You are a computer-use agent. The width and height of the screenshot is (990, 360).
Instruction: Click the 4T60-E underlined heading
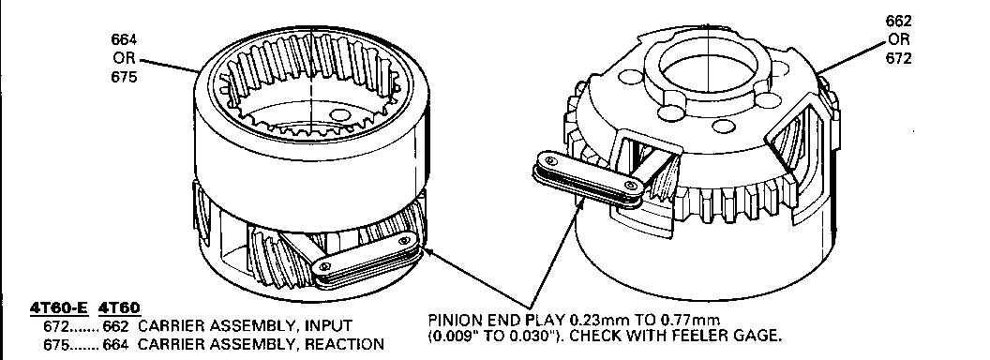(60, 308)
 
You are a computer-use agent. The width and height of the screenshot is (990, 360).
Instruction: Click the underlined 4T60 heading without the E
(120, 308)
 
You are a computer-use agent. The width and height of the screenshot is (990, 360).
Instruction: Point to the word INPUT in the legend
(328, 326)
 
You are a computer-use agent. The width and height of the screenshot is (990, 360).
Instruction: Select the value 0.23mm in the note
(597, 321)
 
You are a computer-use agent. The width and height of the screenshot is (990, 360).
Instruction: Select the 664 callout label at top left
(125, 39)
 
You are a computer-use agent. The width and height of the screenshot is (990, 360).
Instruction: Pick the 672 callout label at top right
(899, 59)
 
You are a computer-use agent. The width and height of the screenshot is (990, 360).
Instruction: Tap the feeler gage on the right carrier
(588, 179)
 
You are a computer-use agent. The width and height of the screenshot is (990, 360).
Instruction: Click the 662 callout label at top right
(899, 21)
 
